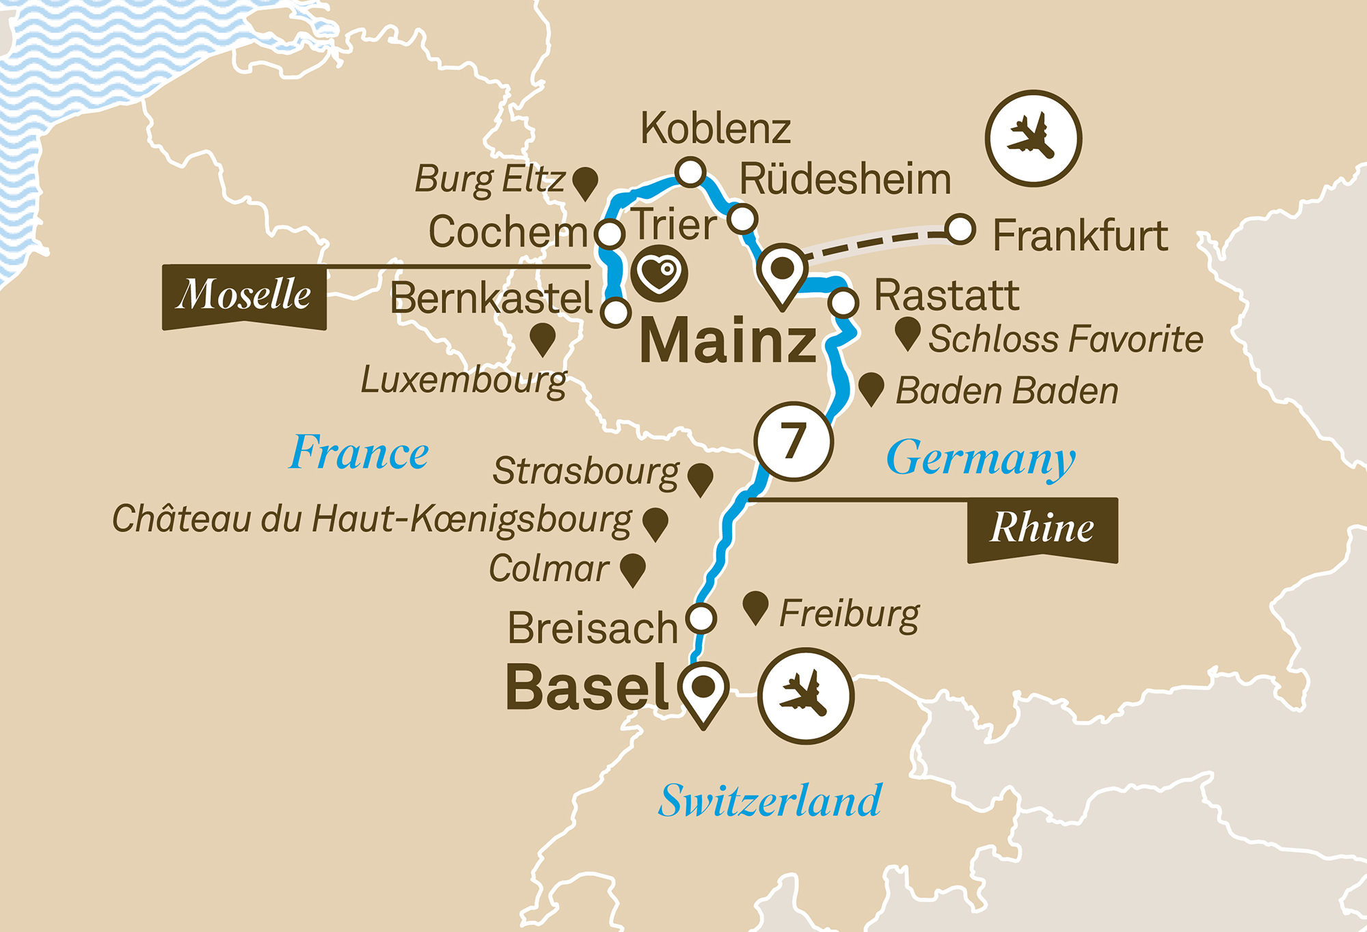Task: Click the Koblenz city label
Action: pos(715,128)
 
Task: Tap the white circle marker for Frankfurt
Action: pos(960,230)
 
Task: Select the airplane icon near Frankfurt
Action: pos(1033,138)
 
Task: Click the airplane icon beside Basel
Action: pos(806,696)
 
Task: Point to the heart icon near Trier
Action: pos(659,274)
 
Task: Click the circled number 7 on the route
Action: pos(794,441)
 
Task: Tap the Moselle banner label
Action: pos(244,295)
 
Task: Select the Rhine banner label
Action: pos(1042,528)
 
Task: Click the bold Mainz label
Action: pos(729,341)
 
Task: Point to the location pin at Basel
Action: pos(703,690)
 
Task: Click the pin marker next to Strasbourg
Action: pos(701,478)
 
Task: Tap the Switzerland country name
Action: pos(770,801)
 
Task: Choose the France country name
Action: pos(360,452)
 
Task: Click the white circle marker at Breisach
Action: pos(701,618)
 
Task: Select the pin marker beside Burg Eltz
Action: pos(585,182)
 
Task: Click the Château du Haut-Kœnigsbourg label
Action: pos(372,519)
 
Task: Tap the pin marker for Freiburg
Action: pos(755,607)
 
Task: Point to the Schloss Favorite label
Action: pos(1066,339)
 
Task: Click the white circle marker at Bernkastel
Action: pos(616,313)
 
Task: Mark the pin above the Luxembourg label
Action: pos(543,338)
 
